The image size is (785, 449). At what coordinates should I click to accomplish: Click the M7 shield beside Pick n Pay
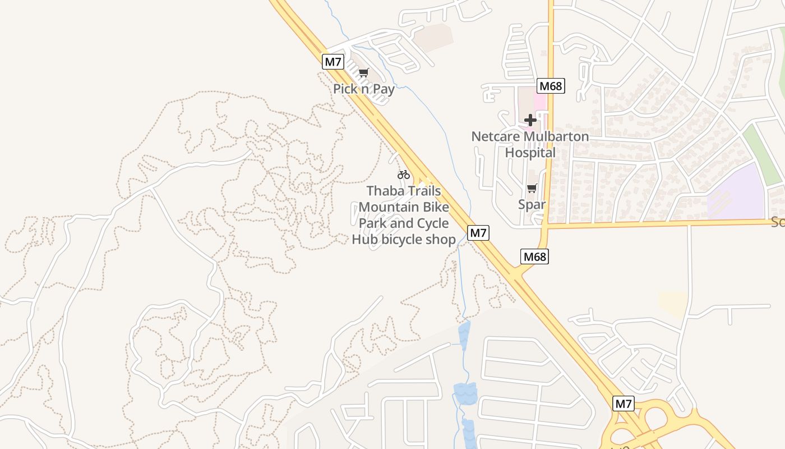tap(333, 62)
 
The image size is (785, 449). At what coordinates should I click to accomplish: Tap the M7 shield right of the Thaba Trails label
tap(478, 232)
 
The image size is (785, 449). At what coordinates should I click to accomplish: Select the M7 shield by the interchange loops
tap(624, 404)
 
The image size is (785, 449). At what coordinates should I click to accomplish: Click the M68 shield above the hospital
tap(551, 86)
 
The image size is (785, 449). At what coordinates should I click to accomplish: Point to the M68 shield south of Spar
tap(534, 256)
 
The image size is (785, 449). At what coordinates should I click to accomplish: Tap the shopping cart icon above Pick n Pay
tap(364, 73)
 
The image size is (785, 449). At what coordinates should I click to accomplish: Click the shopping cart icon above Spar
tap(532, 189)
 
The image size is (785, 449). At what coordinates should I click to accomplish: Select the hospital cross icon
tap(530, 120)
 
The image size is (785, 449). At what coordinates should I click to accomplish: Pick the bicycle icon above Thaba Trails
tap(404, 175)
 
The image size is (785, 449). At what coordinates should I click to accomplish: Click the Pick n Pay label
tap(364, 89)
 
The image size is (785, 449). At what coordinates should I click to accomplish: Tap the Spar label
tap(532, 204)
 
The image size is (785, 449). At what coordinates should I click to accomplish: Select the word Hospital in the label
tap(530, 153)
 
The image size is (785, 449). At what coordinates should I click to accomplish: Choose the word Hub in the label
tap(365, 240)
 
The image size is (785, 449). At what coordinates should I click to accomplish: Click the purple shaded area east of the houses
tap(739, 191)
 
